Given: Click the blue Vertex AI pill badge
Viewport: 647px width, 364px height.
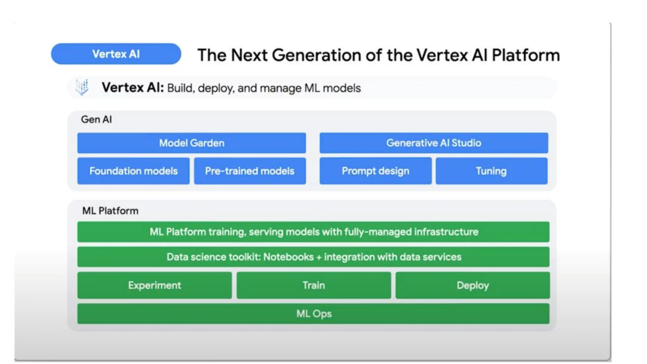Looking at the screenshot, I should (116, 54).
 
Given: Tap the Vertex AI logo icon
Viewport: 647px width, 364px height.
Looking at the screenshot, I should (82, 87).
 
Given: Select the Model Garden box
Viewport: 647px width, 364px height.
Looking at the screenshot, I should (191, 143).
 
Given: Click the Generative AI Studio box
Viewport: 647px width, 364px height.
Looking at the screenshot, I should (433, 143).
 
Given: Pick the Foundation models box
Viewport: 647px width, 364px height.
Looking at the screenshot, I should (133, 171).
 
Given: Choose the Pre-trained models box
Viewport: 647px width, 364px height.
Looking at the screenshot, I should (250, 171).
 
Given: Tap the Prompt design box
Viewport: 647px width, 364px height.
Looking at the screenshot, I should (375, 171).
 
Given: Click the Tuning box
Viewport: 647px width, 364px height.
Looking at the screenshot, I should (491, 171).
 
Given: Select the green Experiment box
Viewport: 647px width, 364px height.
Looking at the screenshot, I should (154, 285).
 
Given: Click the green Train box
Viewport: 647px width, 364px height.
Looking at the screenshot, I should (313, 285).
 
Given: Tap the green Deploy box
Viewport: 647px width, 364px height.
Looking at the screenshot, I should (473, 285).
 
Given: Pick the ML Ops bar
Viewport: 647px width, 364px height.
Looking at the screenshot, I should (313, 313).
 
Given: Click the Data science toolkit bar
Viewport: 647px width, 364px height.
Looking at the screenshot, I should (313, 257).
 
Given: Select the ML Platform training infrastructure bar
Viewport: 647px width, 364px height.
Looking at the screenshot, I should (313, 232).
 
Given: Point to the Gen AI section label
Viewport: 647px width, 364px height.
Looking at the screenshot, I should (96, 119).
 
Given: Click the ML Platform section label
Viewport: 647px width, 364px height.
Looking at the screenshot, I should (110, 211).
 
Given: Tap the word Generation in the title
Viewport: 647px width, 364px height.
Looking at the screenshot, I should (317, 55).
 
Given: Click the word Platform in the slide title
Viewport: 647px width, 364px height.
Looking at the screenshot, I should (526, 55).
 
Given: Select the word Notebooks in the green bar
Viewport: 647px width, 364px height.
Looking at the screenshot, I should (288, 257).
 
